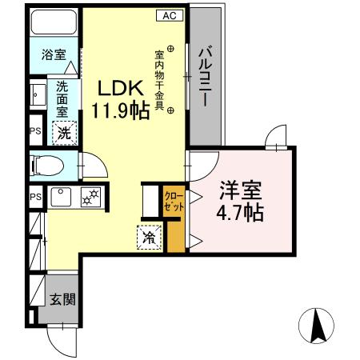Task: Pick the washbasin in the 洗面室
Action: point(38,97)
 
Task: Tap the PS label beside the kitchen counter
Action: point(35,197)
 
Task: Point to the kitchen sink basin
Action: point(60,195)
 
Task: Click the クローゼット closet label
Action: point(174,201)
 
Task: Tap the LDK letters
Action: point(120,87)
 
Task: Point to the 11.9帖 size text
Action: point(120,110)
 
